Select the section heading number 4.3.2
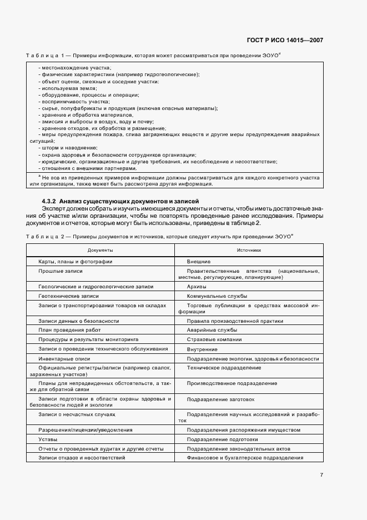49,201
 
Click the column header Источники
249,250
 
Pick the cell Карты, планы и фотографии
76,261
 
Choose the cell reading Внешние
199,261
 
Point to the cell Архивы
197,287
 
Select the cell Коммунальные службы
217,296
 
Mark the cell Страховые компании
214,339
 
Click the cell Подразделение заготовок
220,399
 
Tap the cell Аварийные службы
211,329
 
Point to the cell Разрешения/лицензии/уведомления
78,429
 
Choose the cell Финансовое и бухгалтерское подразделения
245,458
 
